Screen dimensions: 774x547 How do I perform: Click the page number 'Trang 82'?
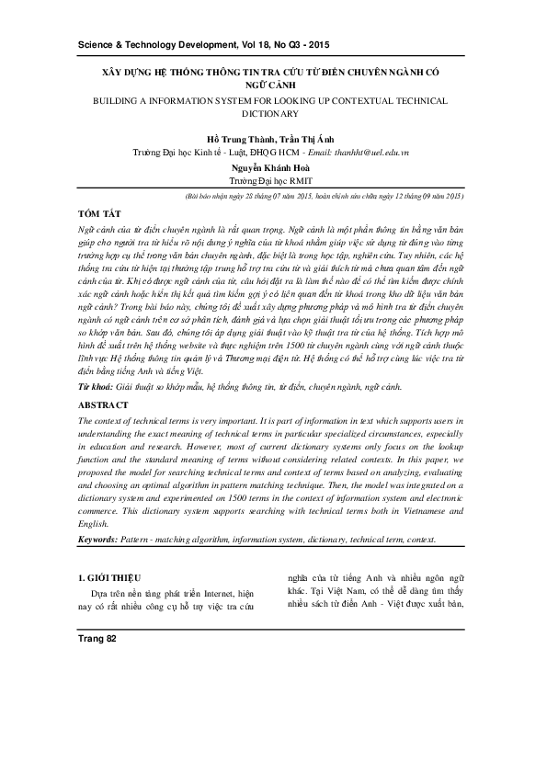point(97,638)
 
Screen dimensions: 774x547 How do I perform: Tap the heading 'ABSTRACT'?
point(103,404)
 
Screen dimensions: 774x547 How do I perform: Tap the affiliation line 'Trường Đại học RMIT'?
point(273,182)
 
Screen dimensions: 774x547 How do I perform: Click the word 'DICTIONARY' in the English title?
point(273,114)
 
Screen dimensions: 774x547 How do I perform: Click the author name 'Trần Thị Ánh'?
point(307,138)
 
